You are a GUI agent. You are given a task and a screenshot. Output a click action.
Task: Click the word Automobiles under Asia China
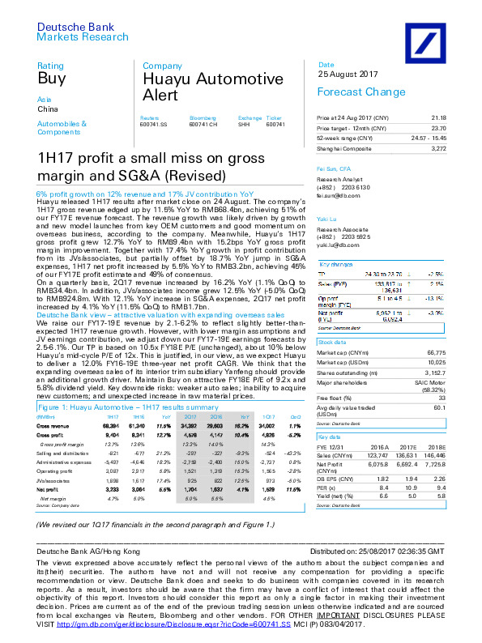[x=58, y=124]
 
